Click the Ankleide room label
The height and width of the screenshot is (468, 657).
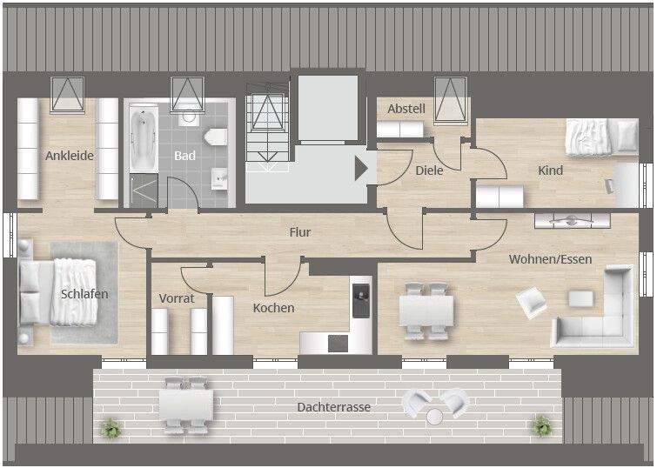(70, 157)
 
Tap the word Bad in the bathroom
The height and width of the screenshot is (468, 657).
(184, 157)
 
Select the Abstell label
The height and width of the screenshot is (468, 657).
(406, 109)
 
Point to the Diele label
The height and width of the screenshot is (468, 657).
(428, 170)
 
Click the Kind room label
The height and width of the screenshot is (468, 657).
(550, 170)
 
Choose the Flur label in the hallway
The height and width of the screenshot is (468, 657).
(300, 232)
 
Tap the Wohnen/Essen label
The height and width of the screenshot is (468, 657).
(550, 259)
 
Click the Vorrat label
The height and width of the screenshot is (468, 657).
(177, 298)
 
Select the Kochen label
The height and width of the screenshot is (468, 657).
(273, 308)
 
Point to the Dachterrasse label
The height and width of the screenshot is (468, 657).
(333, 407)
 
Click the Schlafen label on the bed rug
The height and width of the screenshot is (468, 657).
(84, 294)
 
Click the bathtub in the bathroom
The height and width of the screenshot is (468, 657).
(141, 138)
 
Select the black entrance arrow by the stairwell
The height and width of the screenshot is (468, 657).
(361, 168)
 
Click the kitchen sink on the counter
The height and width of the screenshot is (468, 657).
(359, 300)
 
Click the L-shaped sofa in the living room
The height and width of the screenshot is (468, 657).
(600, 313)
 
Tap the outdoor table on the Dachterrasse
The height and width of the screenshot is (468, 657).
(185, 404)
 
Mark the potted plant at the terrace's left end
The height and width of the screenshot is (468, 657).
(111, 427)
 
